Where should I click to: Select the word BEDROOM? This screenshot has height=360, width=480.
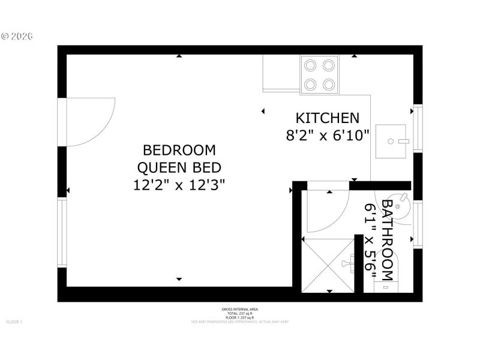coord(179,149)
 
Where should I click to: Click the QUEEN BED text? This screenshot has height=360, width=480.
coord(179,167)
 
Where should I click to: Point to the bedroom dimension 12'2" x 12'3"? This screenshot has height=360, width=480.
coord(179,184)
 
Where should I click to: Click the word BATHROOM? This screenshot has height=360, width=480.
coord(388,240)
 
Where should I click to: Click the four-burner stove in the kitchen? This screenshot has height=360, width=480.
coord(319,74)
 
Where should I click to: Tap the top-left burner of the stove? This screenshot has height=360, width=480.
coord(311,65)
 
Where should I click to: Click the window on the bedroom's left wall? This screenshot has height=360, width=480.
coord(61,232)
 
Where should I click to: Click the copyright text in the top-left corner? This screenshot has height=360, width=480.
coord(17,36)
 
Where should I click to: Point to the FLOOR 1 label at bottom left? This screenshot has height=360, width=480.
coord(14,322)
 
